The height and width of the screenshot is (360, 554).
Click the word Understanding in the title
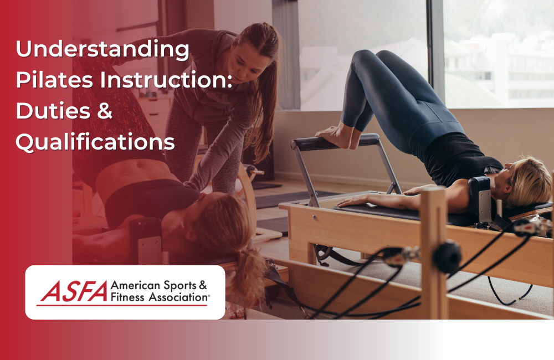102,50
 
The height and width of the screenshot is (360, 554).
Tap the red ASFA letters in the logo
71,292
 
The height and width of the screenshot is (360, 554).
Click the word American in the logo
134,286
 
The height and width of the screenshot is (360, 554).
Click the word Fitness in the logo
126,298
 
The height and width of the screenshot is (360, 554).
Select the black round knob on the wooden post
448,256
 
